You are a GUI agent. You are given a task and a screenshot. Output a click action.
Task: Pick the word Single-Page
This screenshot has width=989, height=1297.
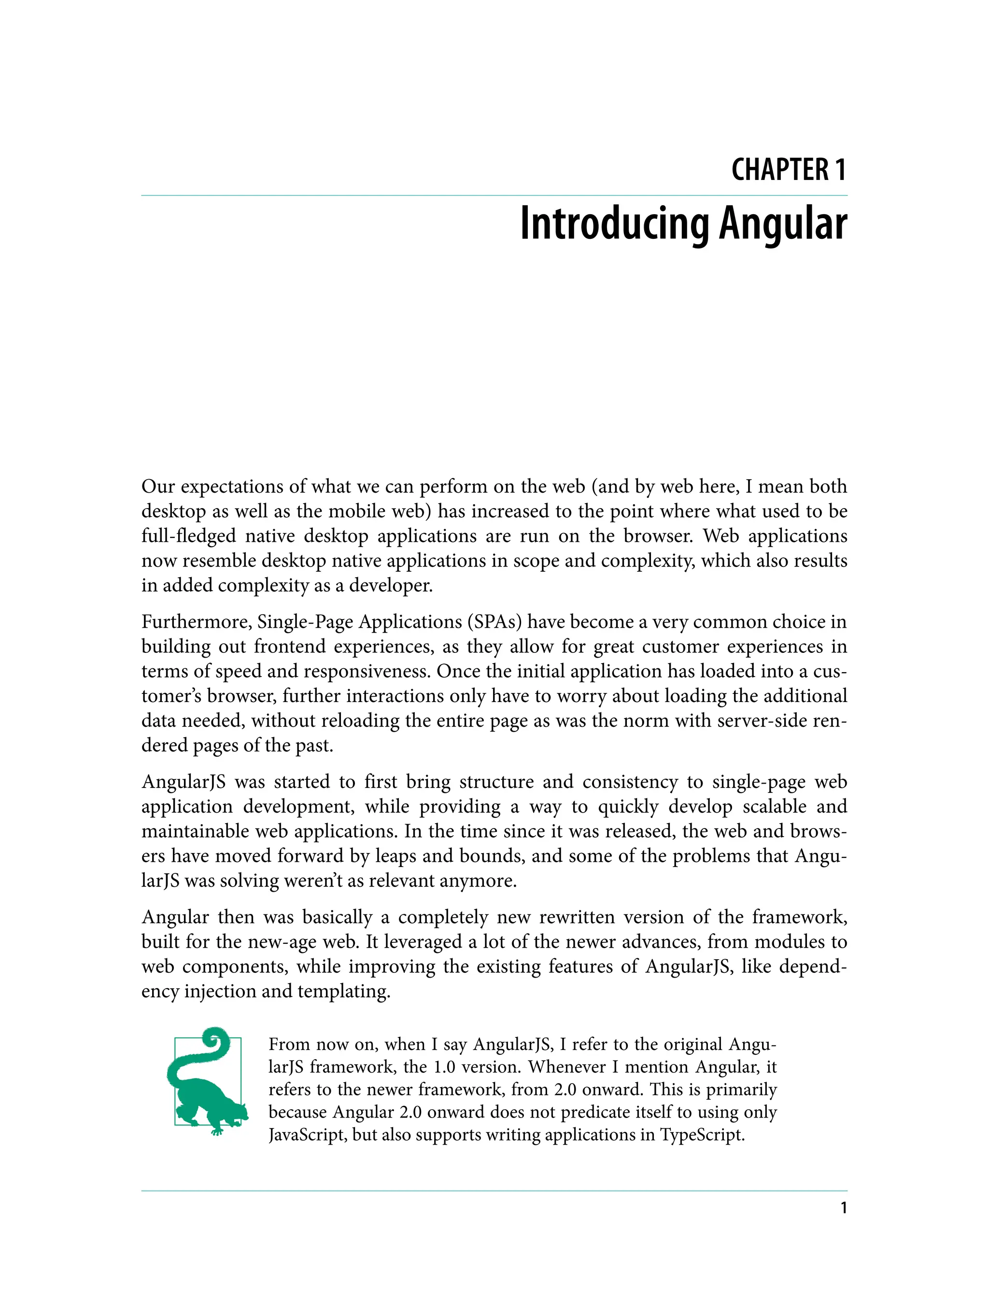[304, 622]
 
